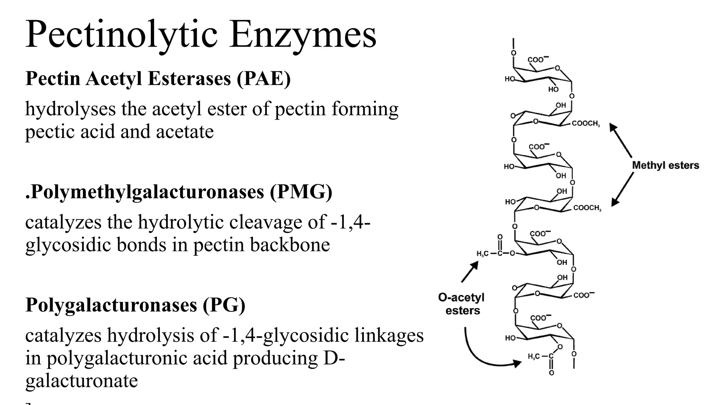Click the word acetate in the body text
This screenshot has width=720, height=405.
tap(185, 132)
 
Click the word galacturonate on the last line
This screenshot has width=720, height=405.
tap(82, 381)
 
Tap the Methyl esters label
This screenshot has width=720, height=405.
tap(666, 165)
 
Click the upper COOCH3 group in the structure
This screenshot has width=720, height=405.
tap(585, 124)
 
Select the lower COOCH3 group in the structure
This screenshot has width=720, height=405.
tap(587, 208)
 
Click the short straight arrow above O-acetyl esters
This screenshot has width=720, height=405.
tap(470, 272)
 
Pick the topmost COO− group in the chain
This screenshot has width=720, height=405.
tap(538, 59)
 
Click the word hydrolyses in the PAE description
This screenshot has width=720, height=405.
tap(70, 109)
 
